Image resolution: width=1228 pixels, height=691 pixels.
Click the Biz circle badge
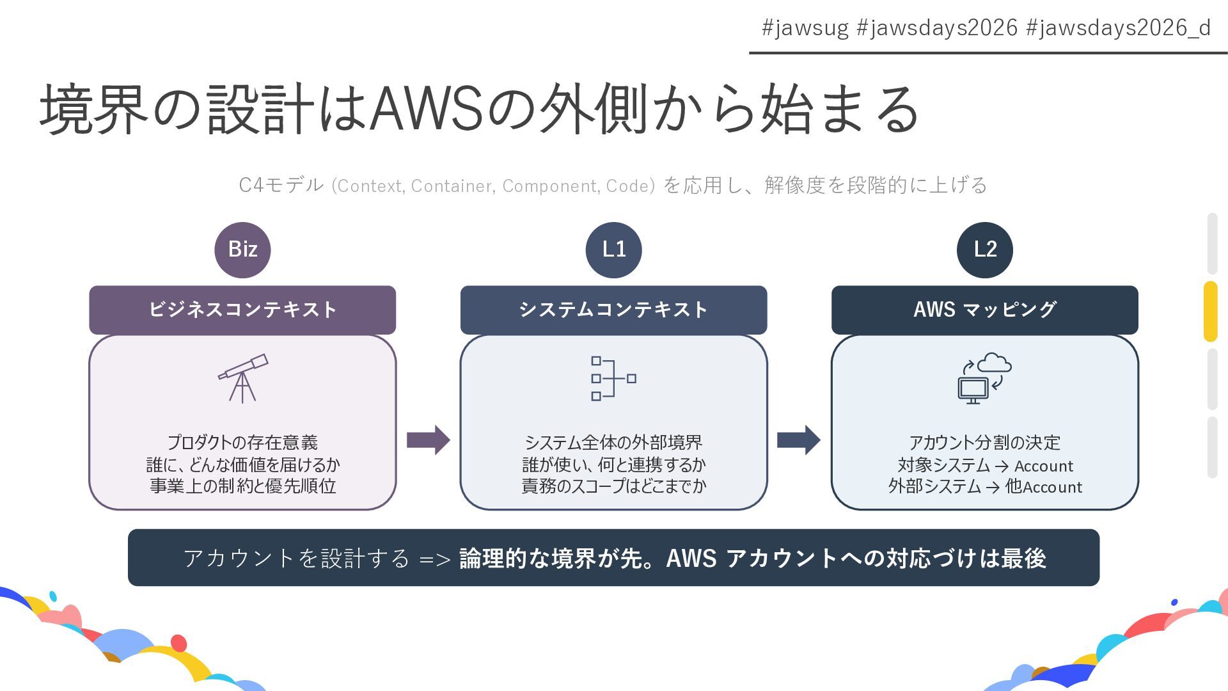coord(242,250)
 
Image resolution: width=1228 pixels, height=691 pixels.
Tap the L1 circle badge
coord(613,250)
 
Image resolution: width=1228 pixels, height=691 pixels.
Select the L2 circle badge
coord(984,250)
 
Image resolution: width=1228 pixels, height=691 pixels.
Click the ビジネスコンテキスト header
coord(242,310)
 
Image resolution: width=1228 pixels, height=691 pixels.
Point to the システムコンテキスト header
coord(613,310)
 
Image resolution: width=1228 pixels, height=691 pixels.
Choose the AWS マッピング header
coord(984,310)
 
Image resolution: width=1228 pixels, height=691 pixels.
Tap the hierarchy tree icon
coord(613,378)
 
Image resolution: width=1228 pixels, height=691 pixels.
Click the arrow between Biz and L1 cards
coord(428,440)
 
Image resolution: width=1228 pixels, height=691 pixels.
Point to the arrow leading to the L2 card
coord(798,440)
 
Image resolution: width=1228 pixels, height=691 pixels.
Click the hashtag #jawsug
coord(805,28)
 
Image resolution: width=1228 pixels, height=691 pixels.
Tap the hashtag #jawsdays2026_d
coord(1118,28)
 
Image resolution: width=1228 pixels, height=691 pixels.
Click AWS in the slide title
coord(426,109)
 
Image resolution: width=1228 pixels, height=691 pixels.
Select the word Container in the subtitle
coord(452,186)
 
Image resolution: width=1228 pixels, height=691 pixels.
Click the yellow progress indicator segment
coord(1210,312)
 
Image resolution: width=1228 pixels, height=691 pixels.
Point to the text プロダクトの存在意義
coord(242,443)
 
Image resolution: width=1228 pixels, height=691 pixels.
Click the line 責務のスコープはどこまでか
coord(613,486)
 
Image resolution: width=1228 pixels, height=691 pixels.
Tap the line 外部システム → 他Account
coord(984,487)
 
